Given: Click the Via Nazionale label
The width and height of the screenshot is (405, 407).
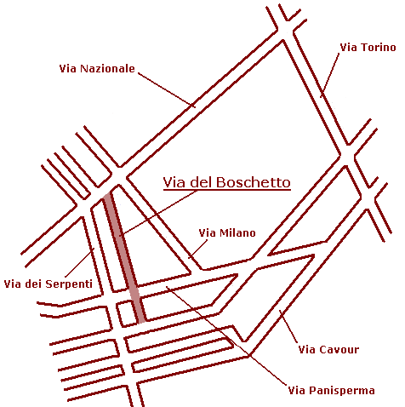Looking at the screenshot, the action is (x=97, y=69).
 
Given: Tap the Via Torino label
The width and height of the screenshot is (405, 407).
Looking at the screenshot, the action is (x=368, y=47).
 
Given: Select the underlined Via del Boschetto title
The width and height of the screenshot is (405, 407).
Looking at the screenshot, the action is (x=227, y=182).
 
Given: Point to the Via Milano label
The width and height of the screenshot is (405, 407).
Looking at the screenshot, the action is (x=227, y=232).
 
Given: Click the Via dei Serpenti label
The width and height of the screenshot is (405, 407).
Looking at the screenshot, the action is (x=48, y=284).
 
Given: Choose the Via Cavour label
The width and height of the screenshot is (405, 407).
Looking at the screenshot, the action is (x=328, y=349).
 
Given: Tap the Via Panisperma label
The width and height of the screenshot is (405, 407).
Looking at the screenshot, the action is (x=331, y=390).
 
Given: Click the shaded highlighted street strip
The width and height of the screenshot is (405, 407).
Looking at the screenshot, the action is (x=124, y=257).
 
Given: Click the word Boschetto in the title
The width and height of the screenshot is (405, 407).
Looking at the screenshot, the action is (x=254, y=182).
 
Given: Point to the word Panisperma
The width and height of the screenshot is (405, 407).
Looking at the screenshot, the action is (x=342, y=390).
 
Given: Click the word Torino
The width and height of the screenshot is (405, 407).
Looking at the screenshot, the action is (x=378, y=47).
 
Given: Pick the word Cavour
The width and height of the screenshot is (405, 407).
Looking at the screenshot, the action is (x=339, y=349).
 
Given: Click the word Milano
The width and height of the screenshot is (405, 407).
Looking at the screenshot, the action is (x=237, y=232).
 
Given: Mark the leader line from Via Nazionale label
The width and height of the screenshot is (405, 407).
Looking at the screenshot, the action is (x=167, y=90).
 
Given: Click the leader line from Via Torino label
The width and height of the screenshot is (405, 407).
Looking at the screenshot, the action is (x=330, y=75).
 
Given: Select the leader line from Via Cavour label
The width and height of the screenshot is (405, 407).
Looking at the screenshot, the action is (x=288, y=326).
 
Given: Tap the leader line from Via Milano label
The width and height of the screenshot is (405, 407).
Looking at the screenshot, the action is (x=198, y=249).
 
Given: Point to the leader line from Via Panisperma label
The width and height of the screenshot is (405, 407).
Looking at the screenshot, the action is (x=226, y=335).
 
